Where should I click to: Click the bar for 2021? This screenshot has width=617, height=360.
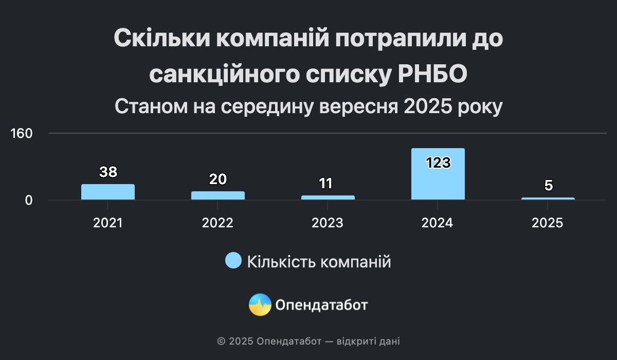coord(108,192)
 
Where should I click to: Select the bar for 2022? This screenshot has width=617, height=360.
coord(218,195)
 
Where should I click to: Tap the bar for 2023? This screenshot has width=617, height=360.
coord(328,197)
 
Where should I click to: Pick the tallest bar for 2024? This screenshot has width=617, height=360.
coord(438,174)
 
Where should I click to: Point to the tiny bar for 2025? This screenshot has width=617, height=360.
coord(548,199)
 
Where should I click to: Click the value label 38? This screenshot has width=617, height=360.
coord(108,172)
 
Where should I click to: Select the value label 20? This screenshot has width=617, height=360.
coord(218,179)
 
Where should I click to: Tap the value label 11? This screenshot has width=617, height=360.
coord(325,184)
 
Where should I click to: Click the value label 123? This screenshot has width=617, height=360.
coord(438,163)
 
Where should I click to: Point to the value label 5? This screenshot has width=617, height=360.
coord(549,185)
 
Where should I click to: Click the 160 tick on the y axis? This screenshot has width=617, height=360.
coord(21,133)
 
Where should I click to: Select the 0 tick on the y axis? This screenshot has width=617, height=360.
coord(29,201)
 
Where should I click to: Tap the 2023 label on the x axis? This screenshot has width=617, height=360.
coord(328,223)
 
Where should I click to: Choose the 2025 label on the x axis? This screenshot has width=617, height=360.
coord(547,223)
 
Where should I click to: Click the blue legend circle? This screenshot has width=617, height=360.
coord(233,260)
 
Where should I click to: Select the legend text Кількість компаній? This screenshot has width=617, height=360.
coord(319,261)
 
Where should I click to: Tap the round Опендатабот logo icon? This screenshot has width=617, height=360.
coord(260,304)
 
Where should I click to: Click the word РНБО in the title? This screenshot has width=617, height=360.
coord(432,74)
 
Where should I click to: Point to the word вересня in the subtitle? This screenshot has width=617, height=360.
coord(359,106)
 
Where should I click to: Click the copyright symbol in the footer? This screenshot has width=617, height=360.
coord(221,341)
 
